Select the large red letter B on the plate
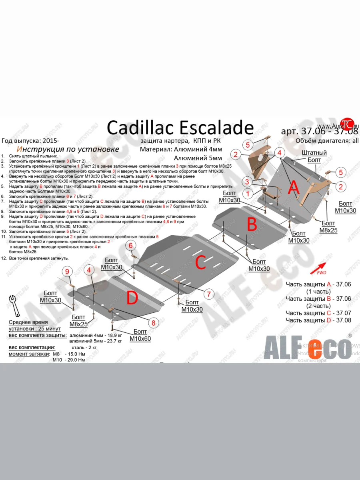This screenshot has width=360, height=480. pos(252,225)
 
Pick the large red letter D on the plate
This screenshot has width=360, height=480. pos(132,298)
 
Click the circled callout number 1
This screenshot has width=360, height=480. pos(248,194)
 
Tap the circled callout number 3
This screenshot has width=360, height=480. pos(248,182)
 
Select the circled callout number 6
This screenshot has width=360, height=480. pos(130,245)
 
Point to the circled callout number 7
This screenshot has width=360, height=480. pos(208,294)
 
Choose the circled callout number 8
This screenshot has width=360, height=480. pos(152,322)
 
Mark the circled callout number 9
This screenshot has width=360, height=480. pos(67,272)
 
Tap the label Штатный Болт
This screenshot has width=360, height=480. pos(314,156)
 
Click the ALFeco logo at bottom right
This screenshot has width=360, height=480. pos(306,348)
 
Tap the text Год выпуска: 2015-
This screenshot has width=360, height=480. pos(30,141)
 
